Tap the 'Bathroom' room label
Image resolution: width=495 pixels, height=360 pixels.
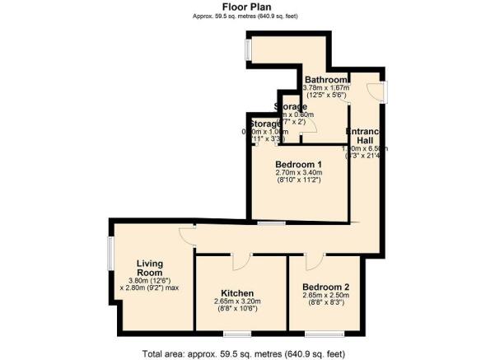[x=326, y=79]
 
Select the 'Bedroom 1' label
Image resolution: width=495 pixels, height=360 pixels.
[x=298, y=164]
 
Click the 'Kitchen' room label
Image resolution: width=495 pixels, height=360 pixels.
[x=236, y=293]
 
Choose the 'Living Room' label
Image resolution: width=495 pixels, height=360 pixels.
[x=151, y=269]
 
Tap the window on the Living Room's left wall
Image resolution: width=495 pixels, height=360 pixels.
[x=110, y=264]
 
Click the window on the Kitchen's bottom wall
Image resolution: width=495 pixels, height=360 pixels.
[x=237, y=334]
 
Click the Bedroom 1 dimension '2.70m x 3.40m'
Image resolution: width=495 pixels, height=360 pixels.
[x=298, y=173]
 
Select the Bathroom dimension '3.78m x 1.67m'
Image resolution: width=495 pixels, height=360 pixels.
[x=326, y=88]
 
